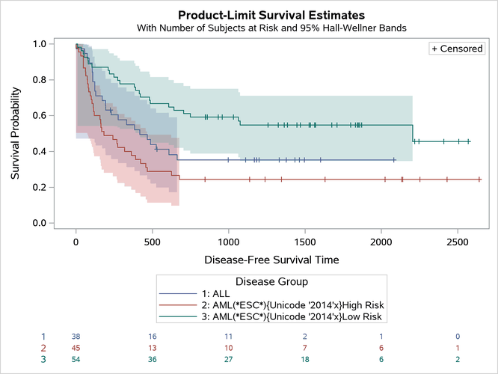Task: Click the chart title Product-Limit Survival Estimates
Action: (271, 14)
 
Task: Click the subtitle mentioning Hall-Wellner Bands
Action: (271, 28)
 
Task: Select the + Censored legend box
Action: (456, 49)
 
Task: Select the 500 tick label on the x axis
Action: (152, 243)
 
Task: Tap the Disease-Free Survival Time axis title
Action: (271, 260)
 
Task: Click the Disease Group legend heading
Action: (271, 281)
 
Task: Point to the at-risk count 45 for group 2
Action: (76, 349)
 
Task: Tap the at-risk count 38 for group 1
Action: (76, 337)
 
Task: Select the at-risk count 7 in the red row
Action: (304, 349)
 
